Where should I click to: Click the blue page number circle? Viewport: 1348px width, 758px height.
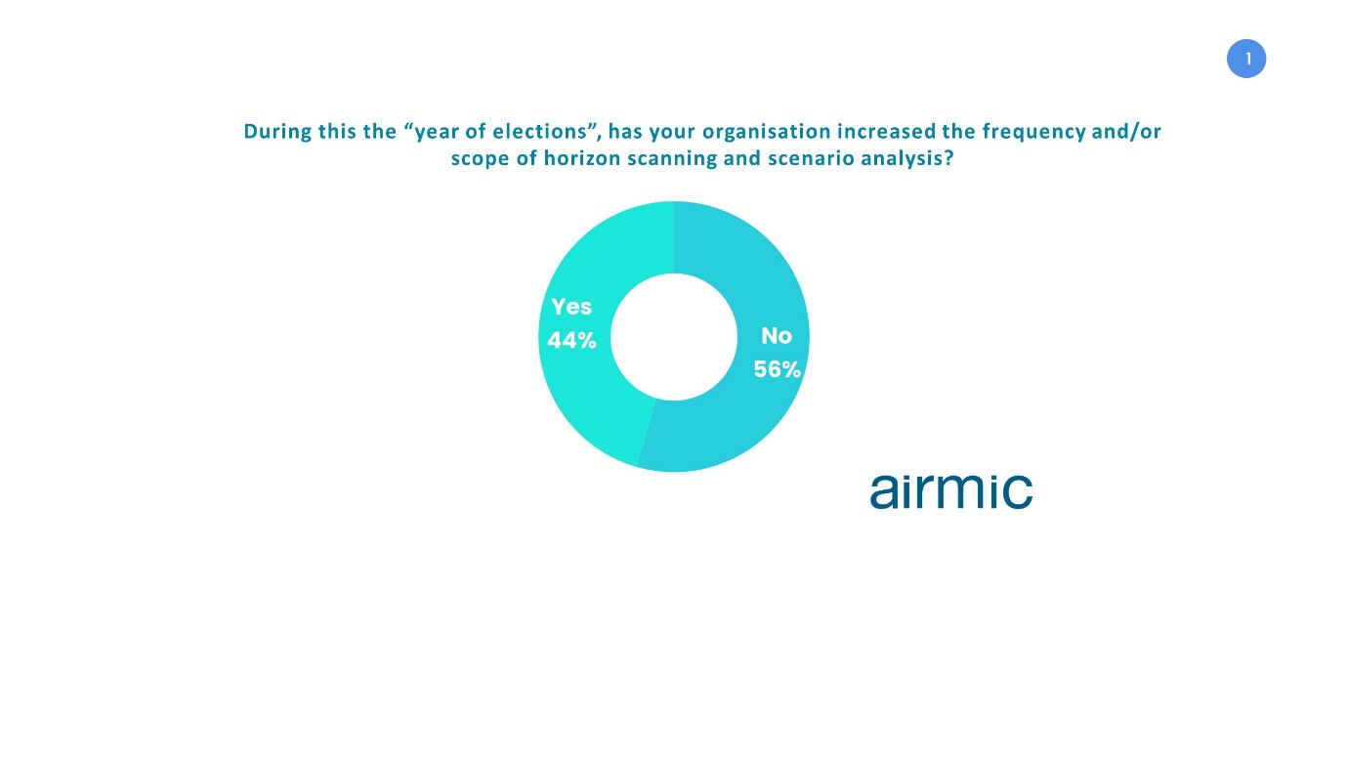[x=1245, y=59]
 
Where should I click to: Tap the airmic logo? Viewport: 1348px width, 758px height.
[x=950, y=491]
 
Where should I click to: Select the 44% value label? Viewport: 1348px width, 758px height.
[x=571, y=341]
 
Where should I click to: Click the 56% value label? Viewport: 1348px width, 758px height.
[x=777, y=369]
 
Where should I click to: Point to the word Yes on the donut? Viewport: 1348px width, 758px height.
[x=571, y=307]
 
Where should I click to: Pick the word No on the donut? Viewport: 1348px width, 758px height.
[x=777, y=336]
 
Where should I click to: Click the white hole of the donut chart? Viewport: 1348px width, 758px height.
[x=674, y=337]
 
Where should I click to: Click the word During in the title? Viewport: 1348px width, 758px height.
[x=277, y=131]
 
